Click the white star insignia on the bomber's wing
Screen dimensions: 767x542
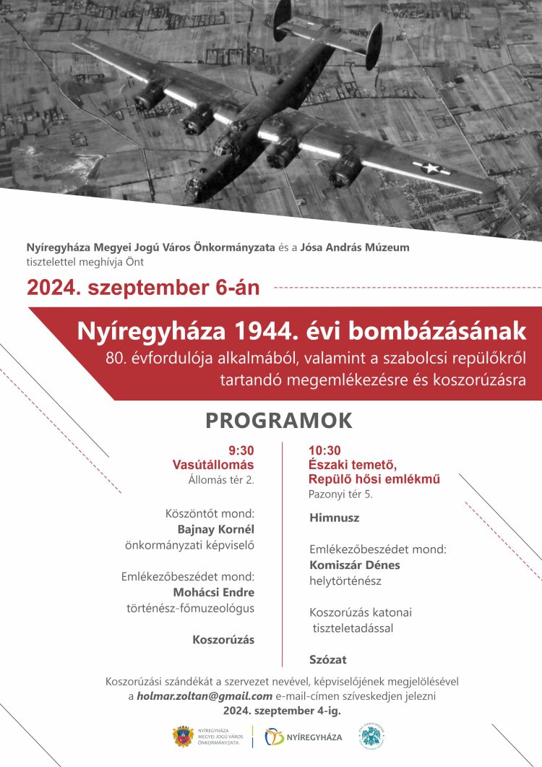pyautogui.click(x=432, y=168)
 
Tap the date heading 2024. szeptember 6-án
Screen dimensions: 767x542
pyautogui.click(x=143, y=288)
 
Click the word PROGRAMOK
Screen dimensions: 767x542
pyautogui.click(x=279, y=420)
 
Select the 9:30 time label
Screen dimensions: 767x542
pyautogui.click(x=241, y=450)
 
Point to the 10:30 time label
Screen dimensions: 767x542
pyautogui.click(x=324, y=450)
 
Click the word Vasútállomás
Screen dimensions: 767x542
pyautogui.click(x=213, y=465)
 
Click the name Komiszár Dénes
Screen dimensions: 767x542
pyautogui.click(x=354, y=565)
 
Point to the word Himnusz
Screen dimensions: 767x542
pyautogui.click(x=334, y=518)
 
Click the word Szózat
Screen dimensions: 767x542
pyautogui.click(x=327, y=659)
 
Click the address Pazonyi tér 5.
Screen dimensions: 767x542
pyautogui.click(x=340, y=494)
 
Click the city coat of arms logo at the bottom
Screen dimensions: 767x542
pyautogui.click(x=181, y=737)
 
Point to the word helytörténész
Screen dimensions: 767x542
pyautogui.click(x=345, y=580)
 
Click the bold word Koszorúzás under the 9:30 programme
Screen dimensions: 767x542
pyautogui.click(x=223, y=640)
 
